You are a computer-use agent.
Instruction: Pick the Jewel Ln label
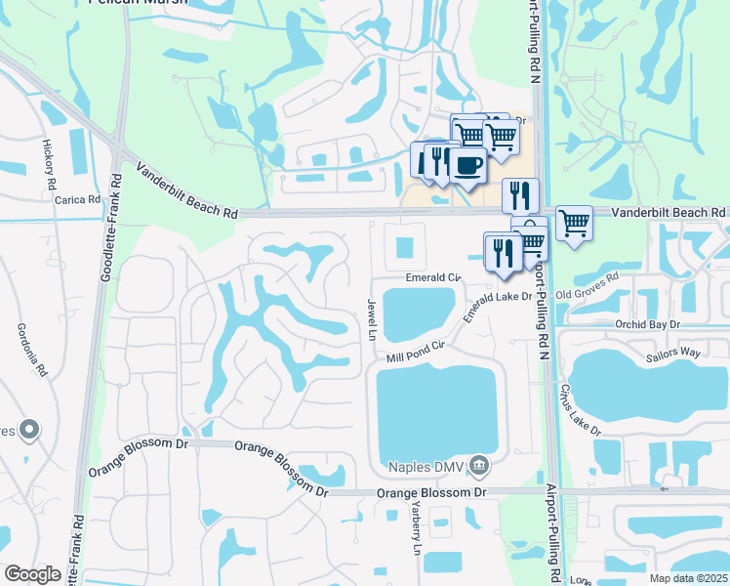372,319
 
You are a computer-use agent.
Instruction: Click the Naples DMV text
426,466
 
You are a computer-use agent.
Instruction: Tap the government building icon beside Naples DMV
479,465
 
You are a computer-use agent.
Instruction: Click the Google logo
32,574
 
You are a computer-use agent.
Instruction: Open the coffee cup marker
467,165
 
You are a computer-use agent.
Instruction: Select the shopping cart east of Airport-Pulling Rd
574,225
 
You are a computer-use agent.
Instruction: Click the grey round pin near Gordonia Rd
29,429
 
